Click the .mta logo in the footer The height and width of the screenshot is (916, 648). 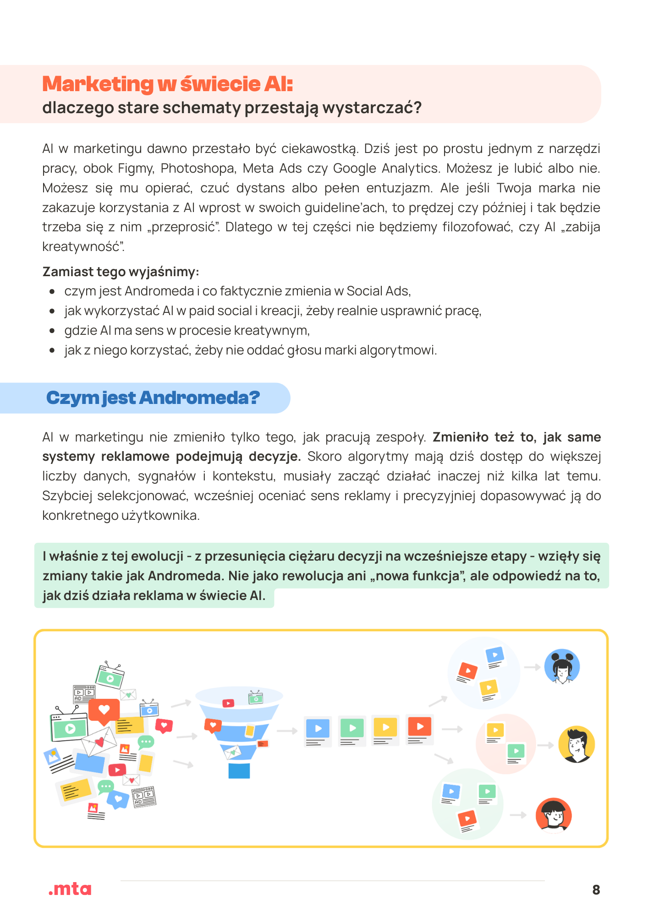point(70,889)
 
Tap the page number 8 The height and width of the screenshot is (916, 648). point(596,889)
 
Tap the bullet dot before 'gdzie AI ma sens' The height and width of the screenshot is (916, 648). point(53,331)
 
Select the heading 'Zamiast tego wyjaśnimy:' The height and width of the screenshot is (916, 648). point(121,272)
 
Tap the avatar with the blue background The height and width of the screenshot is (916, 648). point(562,667)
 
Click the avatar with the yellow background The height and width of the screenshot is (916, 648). point(577,744)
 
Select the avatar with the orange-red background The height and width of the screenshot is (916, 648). point(554,816)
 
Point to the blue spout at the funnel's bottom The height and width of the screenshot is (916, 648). point(239,771)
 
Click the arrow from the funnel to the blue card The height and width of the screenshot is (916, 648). point(287,731)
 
